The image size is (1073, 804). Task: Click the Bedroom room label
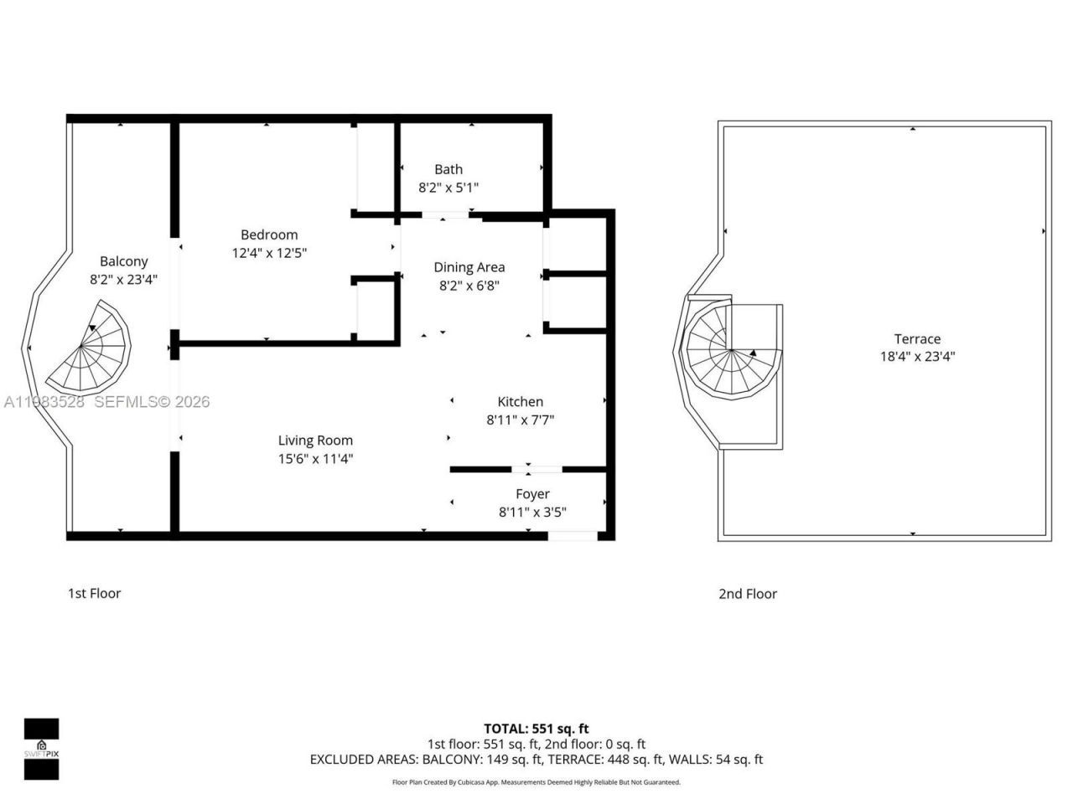tap(269, 234)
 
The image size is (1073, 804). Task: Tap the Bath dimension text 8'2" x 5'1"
tap(448, 188)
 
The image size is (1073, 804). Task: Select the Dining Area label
tap(469, 267)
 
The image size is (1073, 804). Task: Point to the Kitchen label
tap(520, 402)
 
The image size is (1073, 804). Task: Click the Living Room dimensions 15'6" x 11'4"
tap(315, 458)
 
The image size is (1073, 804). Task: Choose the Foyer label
tap(532, 494)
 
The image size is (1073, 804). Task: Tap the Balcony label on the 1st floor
tap(123, 261)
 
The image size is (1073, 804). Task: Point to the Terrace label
tap(917, 339)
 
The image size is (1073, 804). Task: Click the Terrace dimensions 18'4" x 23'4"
tap(917, 356)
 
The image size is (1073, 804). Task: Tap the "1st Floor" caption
tap(94, 593)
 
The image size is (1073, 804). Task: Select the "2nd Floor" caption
tap(747, 594)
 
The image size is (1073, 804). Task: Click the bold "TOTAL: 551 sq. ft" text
tap(536, 729)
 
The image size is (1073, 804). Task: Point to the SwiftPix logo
tap(41, 749)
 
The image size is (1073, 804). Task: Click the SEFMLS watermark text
tap(151, 402)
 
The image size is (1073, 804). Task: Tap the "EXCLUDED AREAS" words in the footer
tap(363, 760)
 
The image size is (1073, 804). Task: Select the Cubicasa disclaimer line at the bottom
tap(536, 782)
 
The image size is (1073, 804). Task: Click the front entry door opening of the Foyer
tap(573, 535)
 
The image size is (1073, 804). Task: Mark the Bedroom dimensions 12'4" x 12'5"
tap(269, 252)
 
